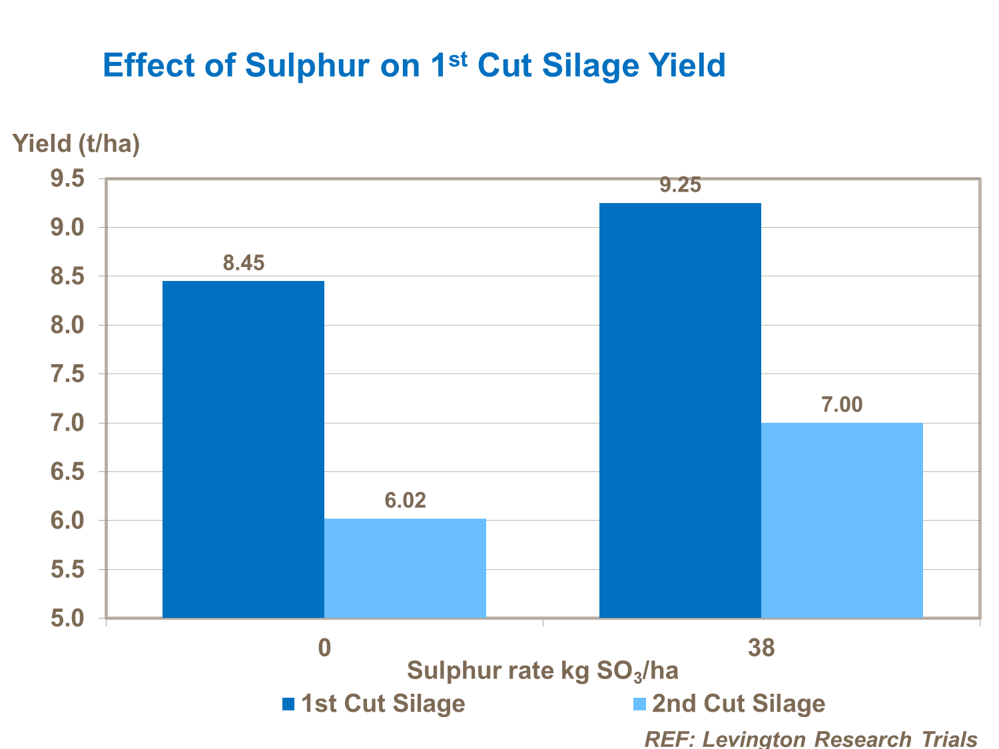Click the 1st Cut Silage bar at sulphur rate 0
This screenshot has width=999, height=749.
[243, 449]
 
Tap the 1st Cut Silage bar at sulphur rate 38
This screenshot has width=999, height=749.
[680, 410]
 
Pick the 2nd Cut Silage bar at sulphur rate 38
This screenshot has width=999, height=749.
[842, 520]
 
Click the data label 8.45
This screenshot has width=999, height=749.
[244, 263]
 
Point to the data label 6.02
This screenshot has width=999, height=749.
[405, 501]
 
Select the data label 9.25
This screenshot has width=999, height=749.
[680, 185]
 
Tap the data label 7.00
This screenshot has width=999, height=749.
[842, 405]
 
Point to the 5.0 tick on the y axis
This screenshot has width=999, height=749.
[68, 619]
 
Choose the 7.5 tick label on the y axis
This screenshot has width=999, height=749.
[68, 374]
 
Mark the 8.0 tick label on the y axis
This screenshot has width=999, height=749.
[68, 326]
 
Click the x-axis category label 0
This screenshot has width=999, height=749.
[324, 648]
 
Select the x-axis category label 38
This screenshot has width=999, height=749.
[761, 648]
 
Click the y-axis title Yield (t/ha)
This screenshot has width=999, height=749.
[77, 143]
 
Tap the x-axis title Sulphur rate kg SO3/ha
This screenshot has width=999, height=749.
[543, 670]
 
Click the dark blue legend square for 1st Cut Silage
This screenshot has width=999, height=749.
[288, 704]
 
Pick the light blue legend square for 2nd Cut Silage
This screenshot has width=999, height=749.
[639, 704]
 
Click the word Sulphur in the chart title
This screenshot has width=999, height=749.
[307, 66]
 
